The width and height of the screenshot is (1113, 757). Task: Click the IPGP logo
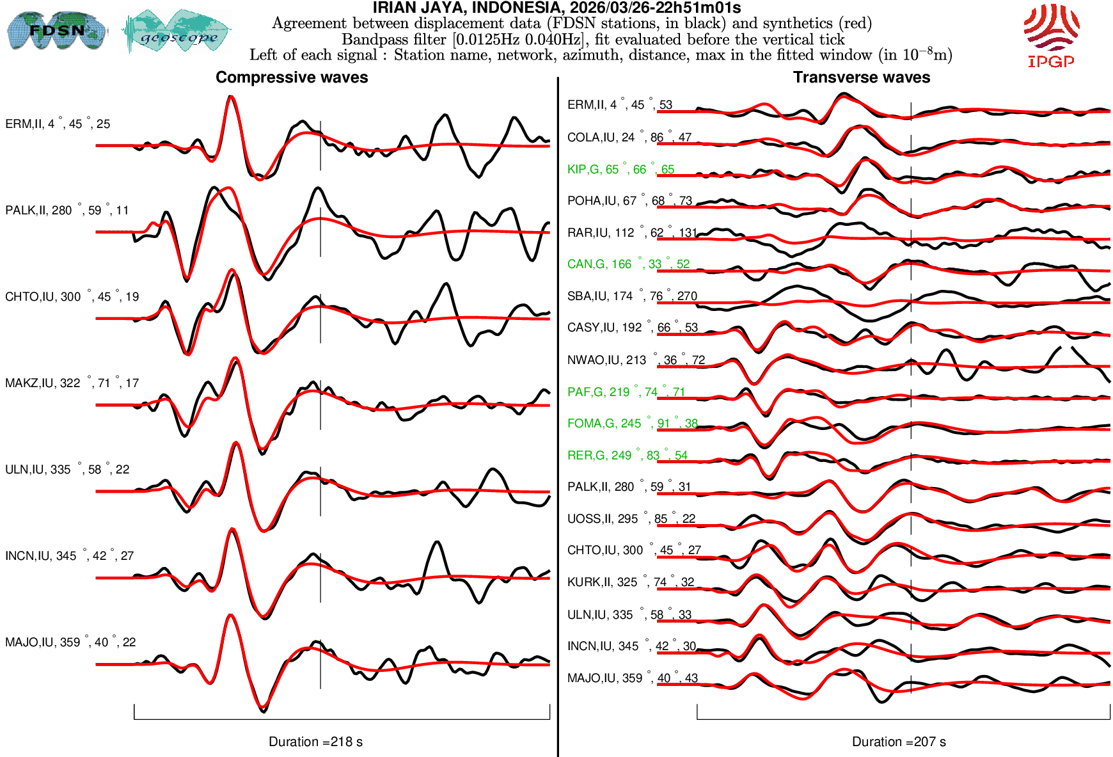[x=1052, y=35]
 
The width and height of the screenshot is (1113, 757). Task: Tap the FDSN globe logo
[x=56, y=30]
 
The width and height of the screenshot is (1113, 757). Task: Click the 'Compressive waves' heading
[x=292, y=77]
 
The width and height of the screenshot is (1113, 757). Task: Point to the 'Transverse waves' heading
[x=861, y=77]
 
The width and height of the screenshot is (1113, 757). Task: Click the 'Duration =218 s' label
[x=315, y=742]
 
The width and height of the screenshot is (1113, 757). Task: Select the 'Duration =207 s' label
[x=899, y=742]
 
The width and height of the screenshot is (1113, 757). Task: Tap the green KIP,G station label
[x=620, y=170]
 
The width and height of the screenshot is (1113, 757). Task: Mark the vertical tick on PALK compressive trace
[x=320, y=232]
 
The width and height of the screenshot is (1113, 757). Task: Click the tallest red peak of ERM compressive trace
[x=231, y=98]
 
